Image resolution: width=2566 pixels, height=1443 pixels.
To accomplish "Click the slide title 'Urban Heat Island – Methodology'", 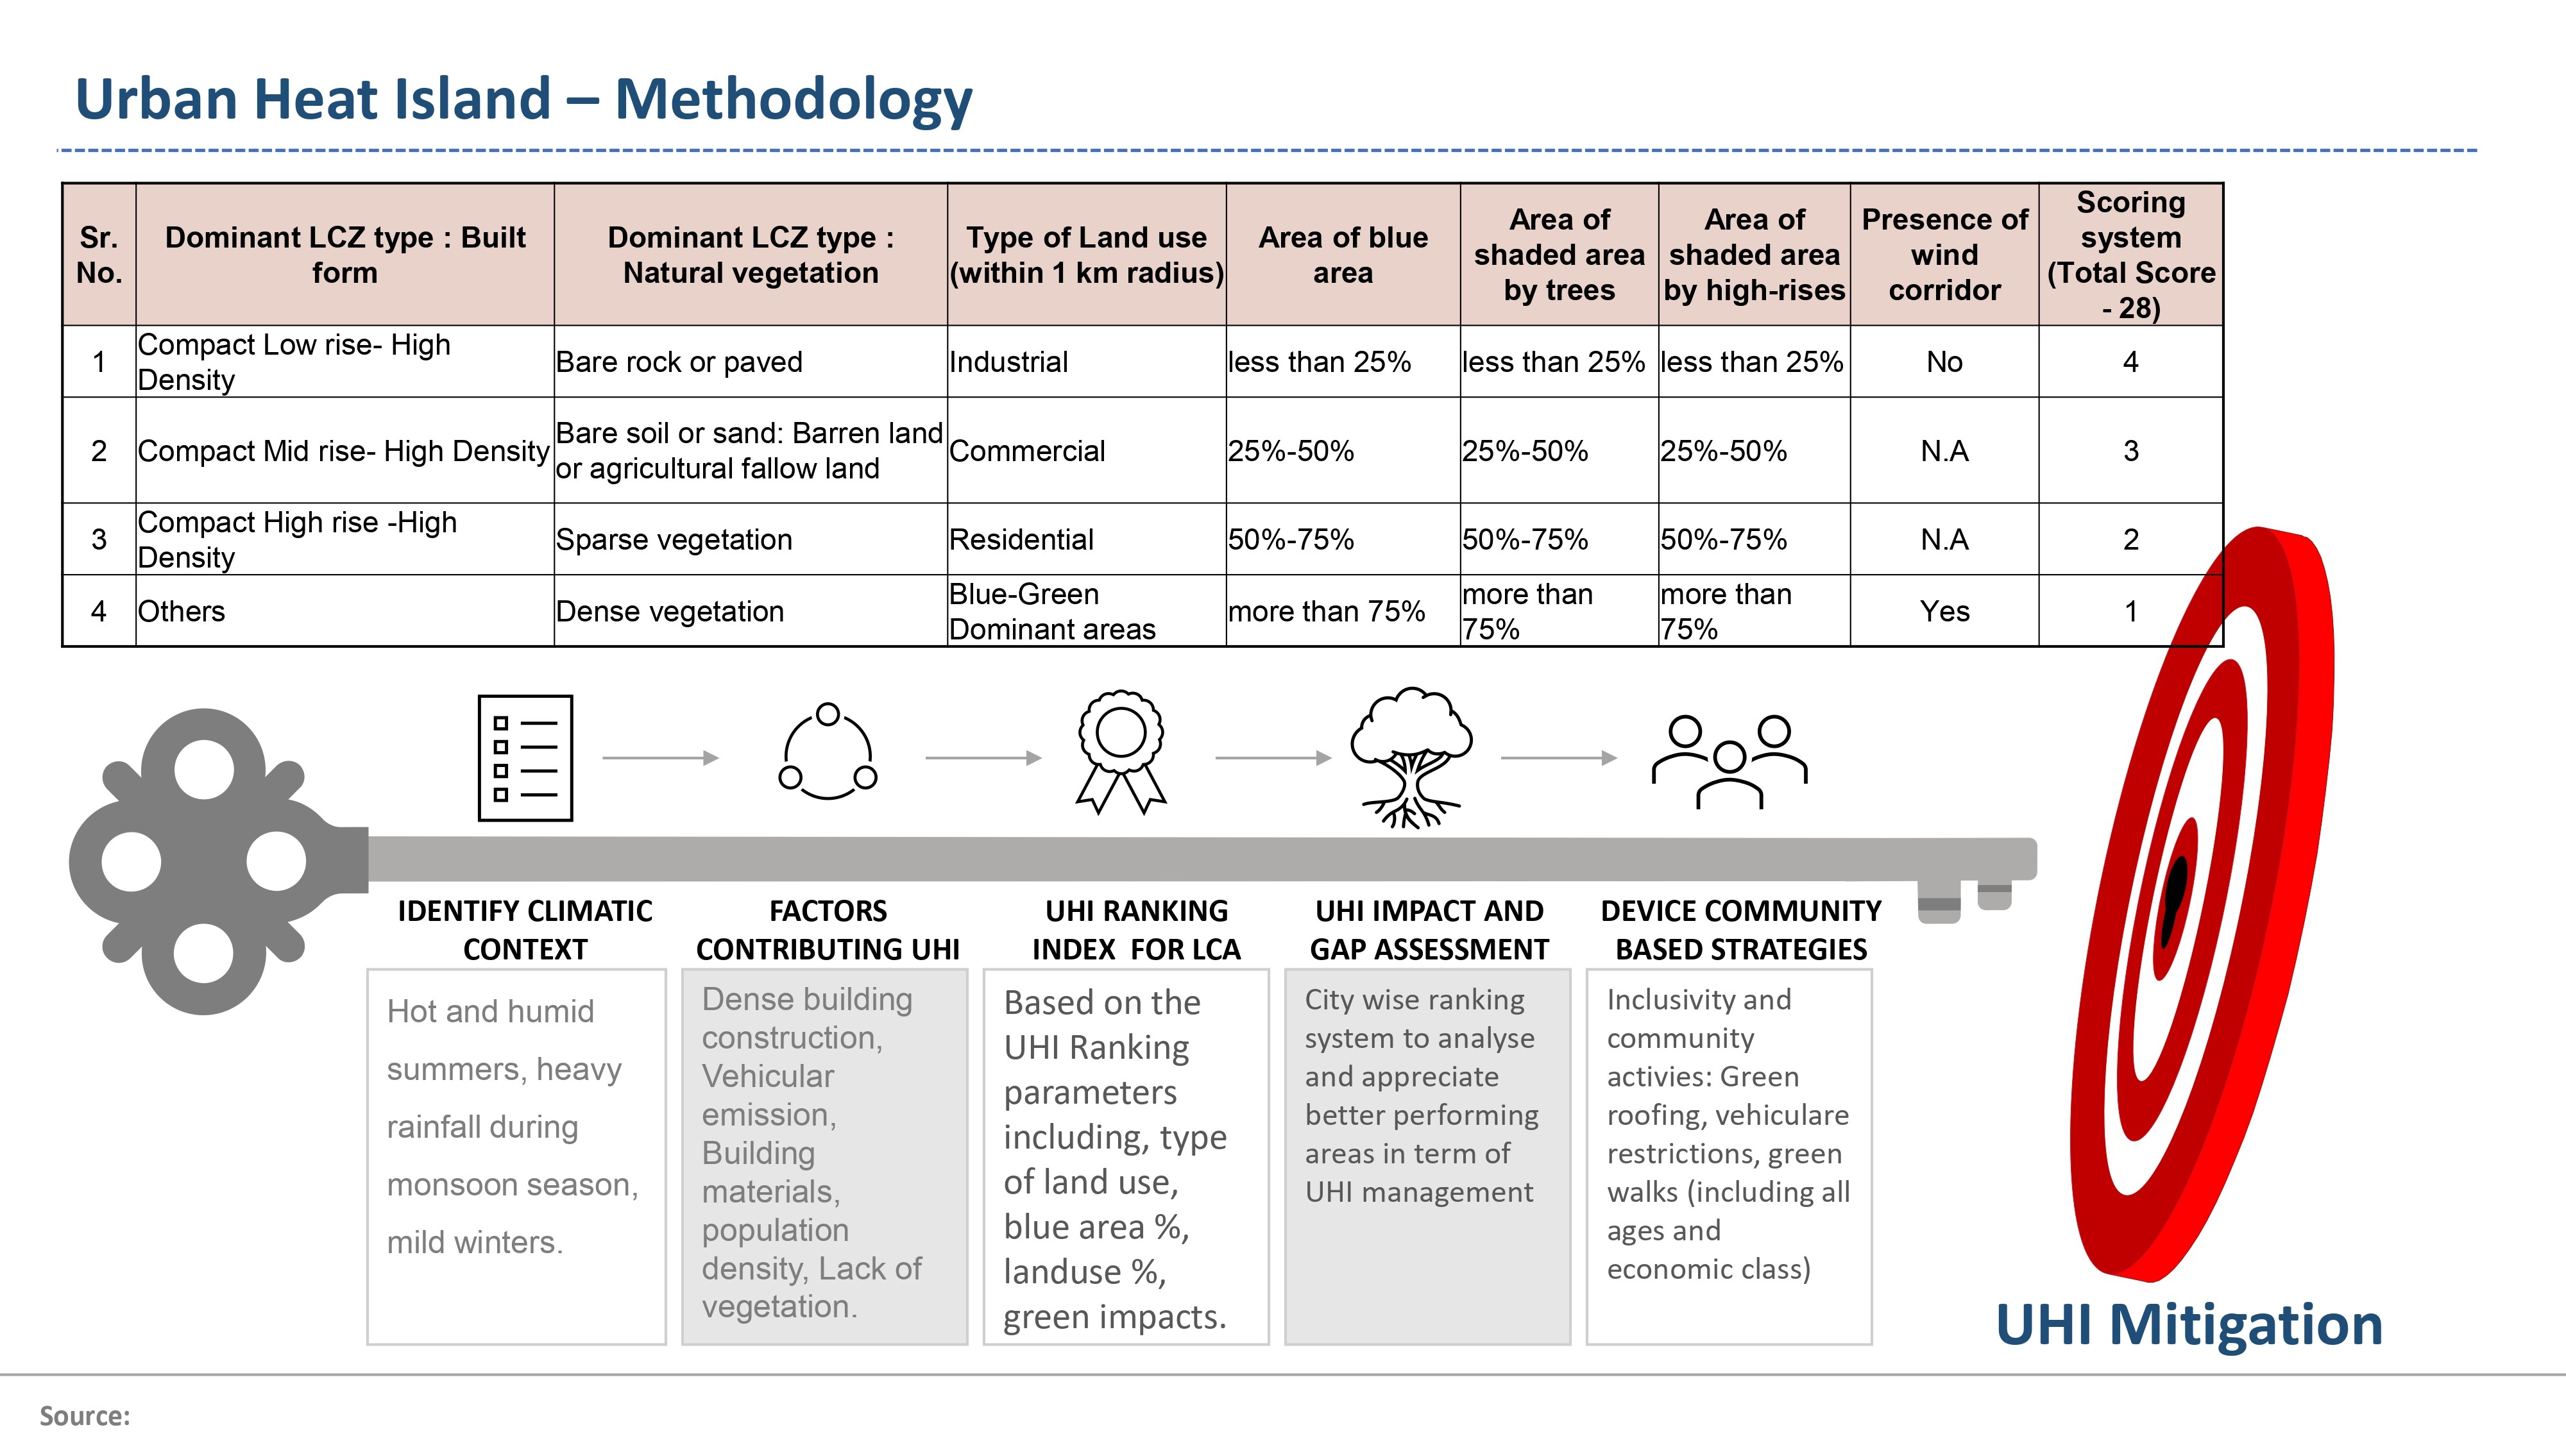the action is coord(524,99).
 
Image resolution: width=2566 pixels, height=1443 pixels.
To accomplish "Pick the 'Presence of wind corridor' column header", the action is coord(1944,254).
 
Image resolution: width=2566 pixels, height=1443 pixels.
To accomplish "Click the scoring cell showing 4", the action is coord(2130,362).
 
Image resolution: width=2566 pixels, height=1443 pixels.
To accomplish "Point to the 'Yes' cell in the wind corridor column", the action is coord(1944,611).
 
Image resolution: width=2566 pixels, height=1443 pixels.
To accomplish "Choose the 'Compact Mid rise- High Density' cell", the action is coord(344,451).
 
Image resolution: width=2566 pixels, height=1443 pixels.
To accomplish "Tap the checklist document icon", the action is coord(525,758).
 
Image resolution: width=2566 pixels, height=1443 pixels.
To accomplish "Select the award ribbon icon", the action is coord(1121,752).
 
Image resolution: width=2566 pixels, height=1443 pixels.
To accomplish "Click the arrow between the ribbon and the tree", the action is coord(1273,758).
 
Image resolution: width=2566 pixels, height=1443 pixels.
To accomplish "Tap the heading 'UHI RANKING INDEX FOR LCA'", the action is coord(1137,930).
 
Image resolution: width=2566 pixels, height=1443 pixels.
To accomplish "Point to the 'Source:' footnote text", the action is coord(85,1416).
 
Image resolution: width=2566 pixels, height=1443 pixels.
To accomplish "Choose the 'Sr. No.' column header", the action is coord(99,255).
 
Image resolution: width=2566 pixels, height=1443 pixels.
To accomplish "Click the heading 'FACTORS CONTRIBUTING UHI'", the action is coord(828,930).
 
